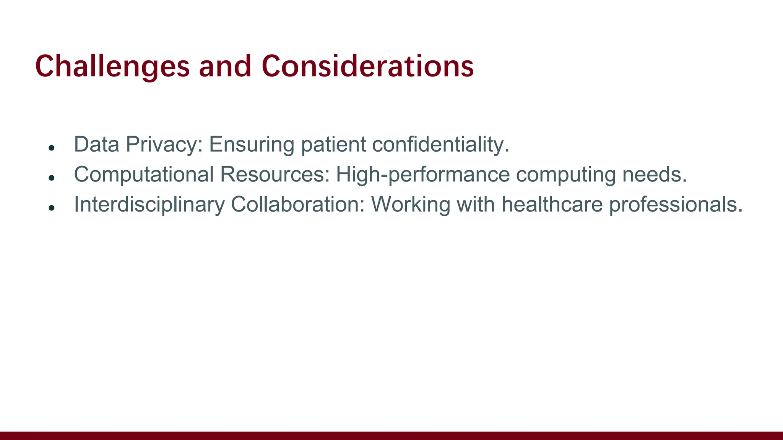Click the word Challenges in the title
pos(112,66)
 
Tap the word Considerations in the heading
pos(368,66)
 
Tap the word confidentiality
pos(440,144)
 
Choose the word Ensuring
pos(251,144)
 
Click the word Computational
pos(144,174)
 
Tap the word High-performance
pos(422,174)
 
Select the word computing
pos(566,174)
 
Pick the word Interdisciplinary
pos(149,204)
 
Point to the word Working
pos(411,204)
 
